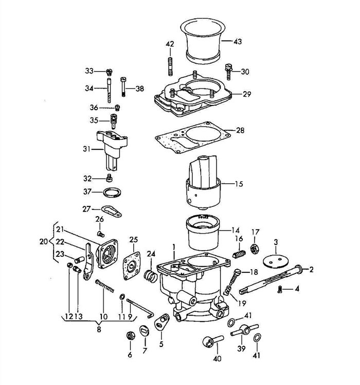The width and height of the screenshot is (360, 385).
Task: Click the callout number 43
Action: (x=238, y=42)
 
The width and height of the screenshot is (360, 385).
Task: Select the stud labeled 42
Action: (x=170, y=66)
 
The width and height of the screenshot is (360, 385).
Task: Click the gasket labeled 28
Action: (x=193, y=137)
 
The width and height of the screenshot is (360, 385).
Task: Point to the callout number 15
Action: (x=239, y=184)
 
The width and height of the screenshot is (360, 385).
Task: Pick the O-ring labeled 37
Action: (x=113, y=192)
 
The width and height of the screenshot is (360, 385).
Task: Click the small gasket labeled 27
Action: (x=112, y=212)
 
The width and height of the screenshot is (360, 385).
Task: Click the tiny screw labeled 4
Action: (x=279, y=289)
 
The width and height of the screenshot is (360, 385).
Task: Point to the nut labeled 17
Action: (x=255, y=249)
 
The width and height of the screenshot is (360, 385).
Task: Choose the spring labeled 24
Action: (x=151, y=276)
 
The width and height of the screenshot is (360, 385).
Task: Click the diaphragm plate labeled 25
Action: (x=132, y=266)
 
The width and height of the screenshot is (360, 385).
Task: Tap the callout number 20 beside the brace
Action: (x=44, y=241)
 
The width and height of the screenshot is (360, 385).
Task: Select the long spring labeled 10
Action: (x=105, y=286)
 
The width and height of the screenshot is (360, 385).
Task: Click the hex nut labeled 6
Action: (x=131, y=335)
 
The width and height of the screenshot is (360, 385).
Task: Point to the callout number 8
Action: (x=99, y=329)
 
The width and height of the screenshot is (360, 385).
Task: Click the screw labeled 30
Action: (x=228, y=72)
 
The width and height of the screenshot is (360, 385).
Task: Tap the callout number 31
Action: (x=86, y=149)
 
